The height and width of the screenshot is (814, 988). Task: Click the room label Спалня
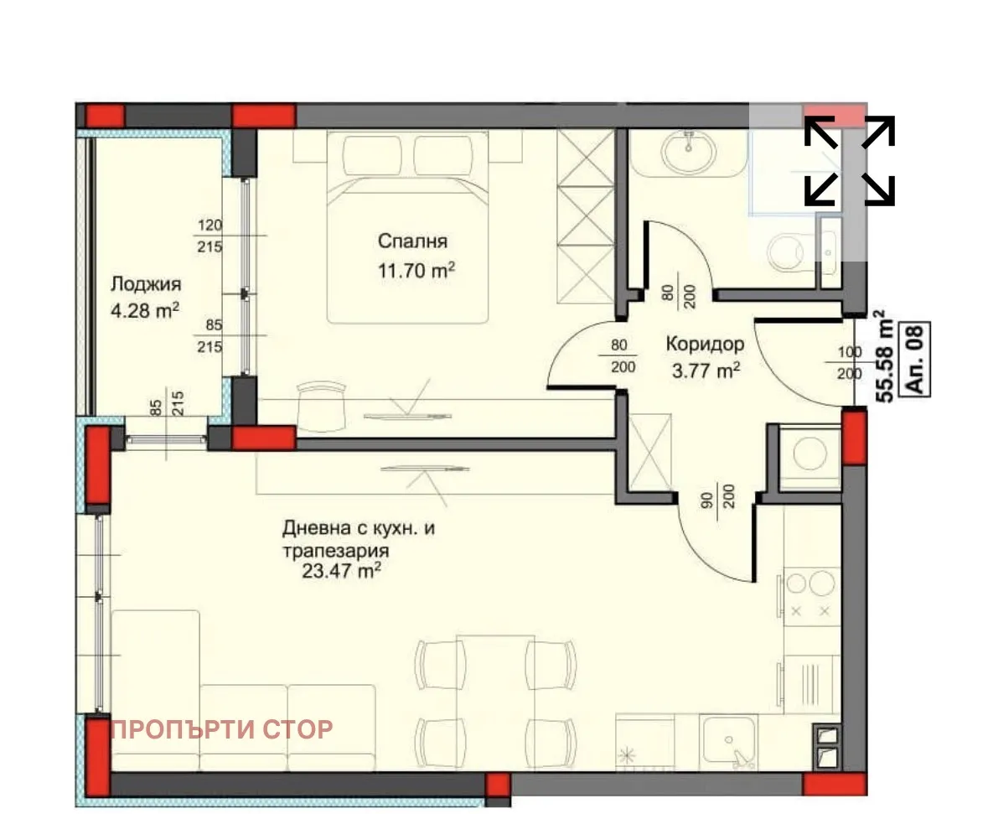[412, 241]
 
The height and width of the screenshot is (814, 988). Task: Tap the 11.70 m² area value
[416, 270]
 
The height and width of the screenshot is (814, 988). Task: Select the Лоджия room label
[145, 283]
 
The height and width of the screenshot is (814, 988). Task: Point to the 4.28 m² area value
[145, 311]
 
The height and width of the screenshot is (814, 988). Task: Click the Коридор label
[705, 343]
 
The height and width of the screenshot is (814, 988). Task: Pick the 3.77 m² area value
[705, 370]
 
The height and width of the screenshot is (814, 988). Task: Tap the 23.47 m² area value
[344, 572]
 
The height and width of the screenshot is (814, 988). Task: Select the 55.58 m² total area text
[882, 357]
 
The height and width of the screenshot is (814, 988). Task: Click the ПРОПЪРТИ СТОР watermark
[221, 729]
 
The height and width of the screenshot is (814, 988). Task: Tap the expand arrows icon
[849, 160]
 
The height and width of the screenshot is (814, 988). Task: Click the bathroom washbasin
[688, 153]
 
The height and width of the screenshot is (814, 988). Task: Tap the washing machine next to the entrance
[810, 456]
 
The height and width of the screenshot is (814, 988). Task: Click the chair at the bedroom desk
[321, 404]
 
